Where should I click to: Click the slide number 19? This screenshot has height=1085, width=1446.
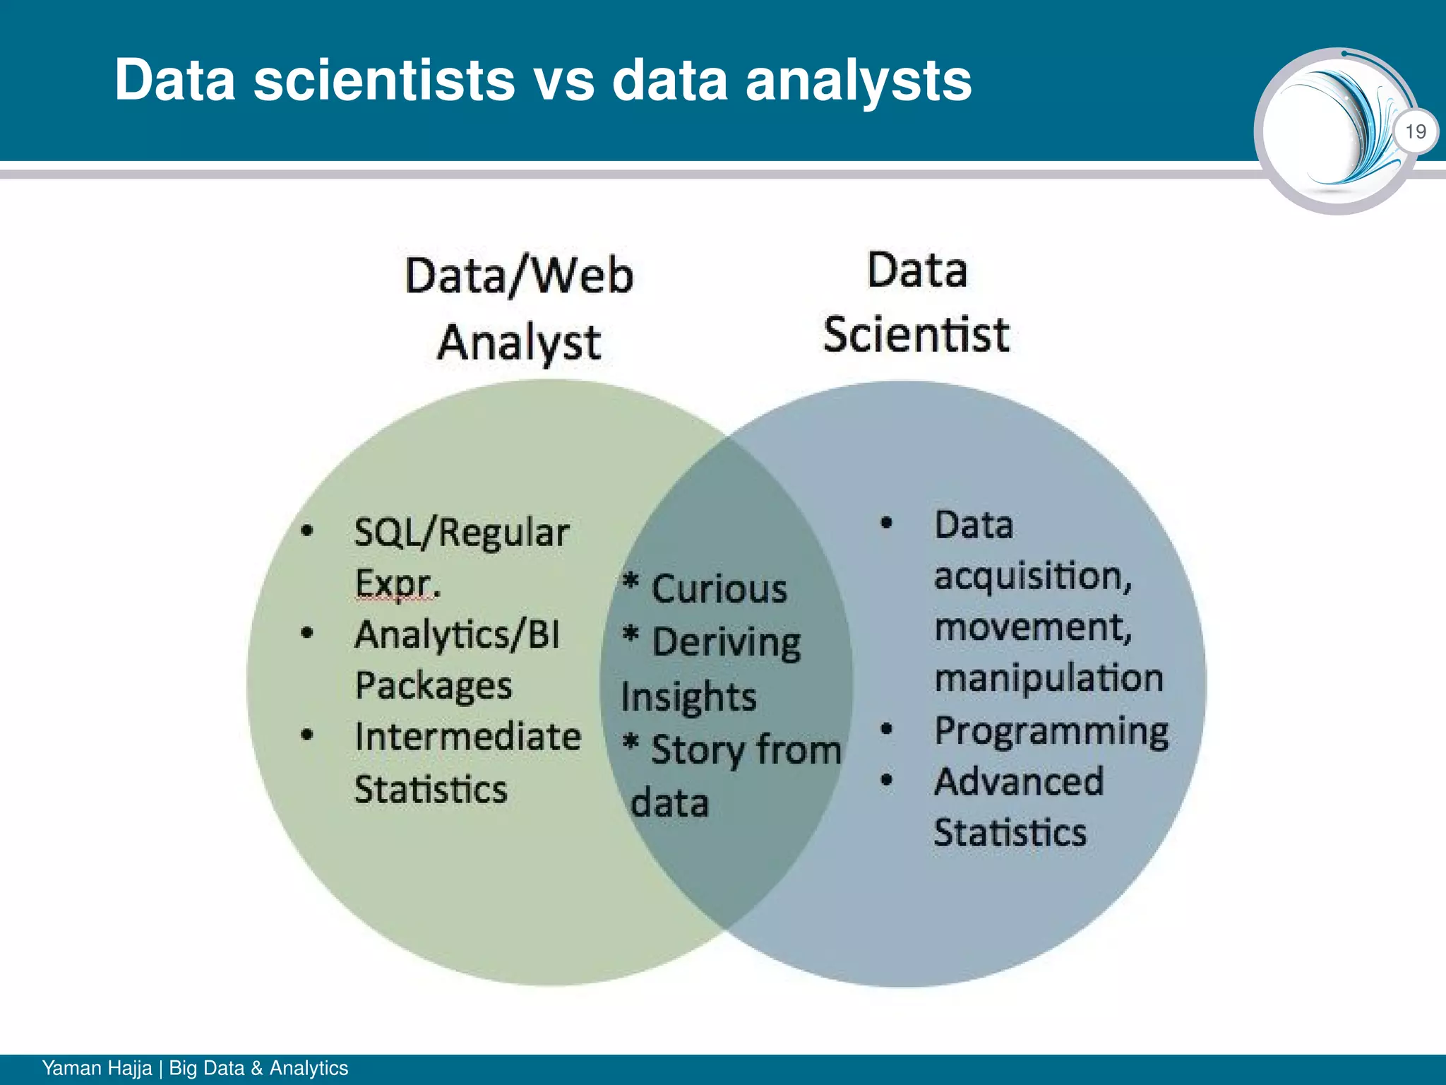tap(1416, 131)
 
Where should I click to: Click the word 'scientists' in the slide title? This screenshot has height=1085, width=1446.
tap(385, 80)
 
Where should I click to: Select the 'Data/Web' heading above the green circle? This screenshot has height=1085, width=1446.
tap(519, 275)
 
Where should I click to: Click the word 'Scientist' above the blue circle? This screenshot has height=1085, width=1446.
tap(916, 334)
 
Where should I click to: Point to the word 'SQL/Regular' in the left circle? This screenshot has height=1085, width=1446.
tap(461, 533)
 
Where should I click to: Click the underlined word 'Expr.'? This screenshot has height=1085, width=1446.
tap(397, 583)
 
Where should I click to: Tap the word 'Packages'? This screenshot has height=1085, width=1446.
tap(434, 686)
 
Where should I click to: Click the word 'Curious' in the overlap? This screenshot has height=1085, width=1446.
tap(719, 589)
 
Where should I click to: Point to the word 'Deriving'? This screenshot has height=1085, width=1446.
tap(726, 643)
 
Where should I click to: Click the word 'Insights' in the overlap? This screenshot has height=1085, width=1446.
tap(688, 697)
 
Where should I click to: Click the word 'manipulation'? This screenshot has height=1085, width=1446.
tap(1048, 678)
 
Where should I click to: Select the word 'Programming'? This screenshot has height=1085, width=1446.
tap(1051, 730)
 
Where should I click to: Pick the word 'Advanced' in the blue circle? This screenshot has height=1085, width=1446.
tap(1019, 781)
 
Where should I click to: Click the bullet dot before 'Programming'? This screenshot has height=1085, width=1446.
tap(887, 728)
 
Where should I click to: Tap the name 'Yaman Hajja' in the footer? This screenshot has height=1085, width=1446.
tap(97, 1068)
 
